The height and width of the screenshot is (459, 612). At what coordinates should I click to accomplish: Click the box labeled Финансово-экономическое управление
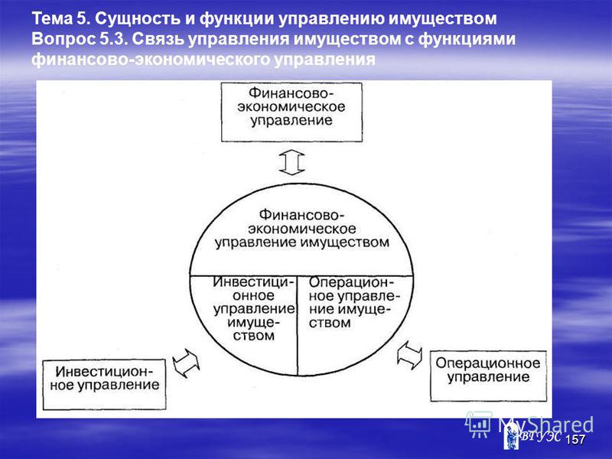[x=291, y=112]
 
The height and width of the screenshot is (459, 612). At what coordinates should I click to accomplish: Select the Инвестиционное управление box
[x=104, y=385]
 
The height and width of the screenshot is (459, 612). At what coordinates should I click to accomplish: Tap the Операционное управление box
[x=488, y=376]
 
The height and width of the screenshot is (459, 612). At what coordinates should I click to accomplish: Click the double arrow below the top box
[x=292, y=162]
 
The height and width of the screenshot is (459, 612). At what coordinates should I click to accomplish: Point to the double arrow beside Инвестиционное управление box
[x=186, y=363]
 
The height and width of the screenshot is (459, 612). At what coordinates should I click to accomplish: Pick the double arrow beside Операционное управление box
[x=409, y=355]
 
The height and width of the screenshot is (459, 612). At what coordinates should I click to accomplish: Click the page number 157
[x=575, y=439]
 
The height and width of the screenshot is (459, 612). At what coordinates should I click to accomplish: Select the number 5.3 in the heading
[x=113, y=39]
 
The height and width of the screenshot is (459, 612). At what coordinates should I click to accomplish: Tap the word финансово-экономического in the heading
[x=151, y=60]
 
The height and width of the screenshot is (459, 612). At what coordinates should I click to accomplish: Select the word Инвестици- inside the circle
[x=253, y=282]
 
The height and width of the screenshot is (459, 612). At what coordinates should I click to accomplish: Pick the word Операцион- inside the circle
[x=352, y=282]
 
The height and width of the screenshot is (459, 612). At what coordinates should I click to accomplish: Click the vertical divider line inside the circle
[x=298, y=326]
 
